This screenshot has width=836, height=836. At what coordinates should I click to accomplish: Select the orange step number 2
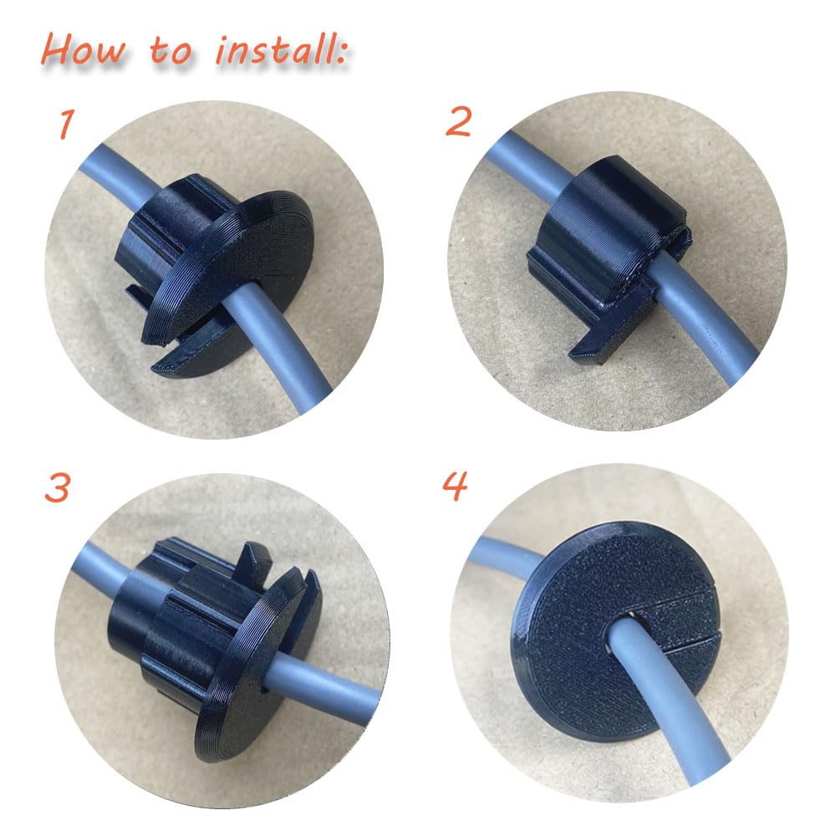tap(459, 123)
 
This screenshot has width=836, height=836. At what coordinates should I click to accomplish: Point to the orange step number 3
tap(56, 488)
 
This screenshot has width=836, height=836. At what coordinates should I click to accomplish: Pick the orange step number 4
tap(456, 486)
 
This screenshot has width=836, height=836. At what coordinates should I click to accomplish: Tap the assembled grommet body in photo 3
tap(209, 635)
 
